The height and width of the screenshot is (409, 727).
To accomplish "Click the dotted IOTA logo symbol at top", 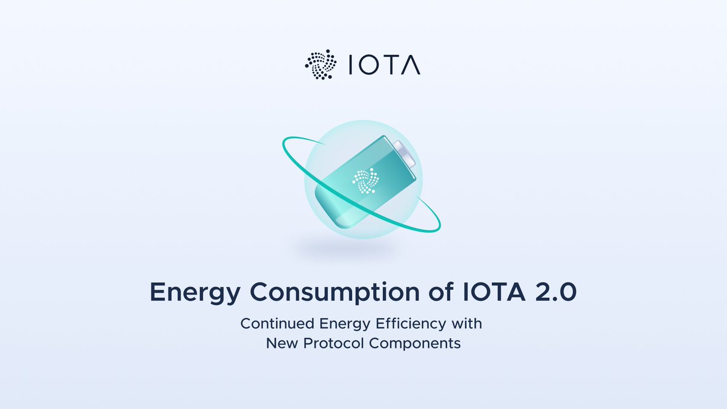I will (x=320, y=65).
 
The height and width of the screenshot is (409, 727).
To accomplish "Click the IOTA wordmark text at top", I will (x=385, y=65).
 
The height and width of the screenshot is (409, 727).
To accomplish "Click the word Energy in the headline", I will (x=190, y=293).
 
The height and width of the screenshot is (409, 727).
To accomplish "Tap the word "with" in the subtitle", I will (x=468, y=323).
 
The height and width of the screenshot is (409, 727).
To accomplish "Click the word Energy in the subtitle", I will (x=339, y=324).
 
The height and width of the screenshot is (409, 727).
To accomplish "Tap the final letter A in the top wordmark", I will (x=411, y=65).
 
